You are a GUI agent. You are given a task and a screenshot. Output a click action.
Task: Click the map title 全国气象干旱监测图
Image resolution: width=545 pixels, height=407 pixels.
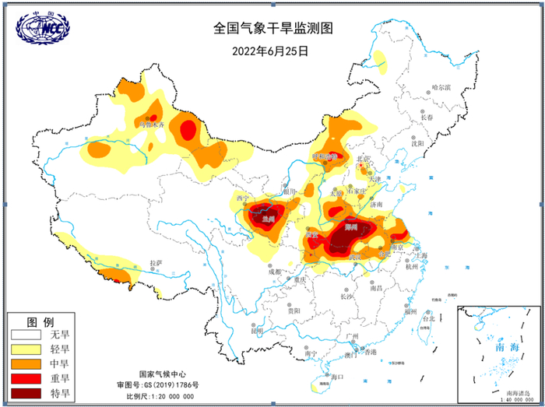pyautogui.click(x=272, y=29)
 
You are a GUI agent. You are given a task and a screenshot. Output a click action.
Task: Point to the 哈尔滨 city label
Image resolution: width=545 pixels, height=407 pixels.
pyautogui.click(x=441, y=87)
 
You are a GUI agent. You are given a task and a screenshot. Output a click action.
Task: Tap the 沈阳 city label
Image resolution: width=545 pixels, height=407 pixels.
pyautogui.click(x=418, y=143)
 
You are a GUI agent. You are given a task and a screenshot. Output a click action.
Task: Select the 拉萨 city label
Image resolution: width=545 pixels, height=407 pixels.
pyautogui.click(x=157, y=263)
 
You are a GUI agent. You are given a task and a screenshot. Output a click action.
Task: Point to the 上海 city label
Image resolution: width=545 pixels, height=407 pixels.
pyautogui.click(x=421, y=254)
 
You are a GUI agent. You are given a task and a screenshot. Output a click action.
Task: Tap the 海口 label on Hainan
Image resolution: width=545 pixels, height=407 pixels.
pyautogui.click(x=337, y=377)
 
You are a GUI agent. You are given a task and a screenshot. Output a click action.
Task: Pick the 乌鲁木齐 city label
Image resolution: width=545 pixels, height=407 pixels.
pyautogui.click(x=151, y=123)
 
